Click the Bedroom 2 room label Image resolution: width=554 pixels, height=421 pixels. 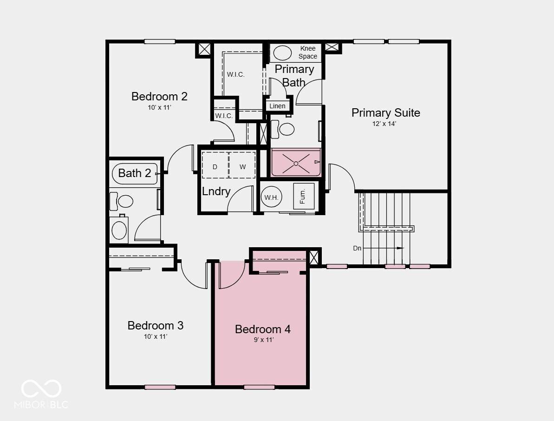(x=159, y=96)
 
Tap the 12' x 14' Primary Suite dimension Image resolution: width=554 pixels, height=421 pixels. (x=384, y=124)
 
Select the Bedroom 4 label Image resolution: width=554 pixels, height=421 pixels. (x=263, y=329)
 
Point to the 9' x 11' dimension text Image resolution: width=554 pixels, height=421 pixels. (x=264, y=340)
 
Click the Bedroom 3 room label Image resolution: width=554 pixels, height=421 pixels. (x=156, y=325)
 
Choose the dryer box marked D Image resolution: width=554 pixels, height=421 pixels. (x=215, y=165)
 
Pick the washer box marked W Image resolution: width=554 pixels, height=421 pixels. (x=242, y=165)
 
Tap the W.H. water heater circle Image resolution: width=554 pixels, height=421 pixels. (x=271, y=197)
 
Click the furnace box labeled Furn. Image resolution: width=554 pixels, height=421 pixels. (x=303, y=196)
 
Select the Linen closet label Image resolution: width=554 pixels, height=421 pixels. (x=277, y=106)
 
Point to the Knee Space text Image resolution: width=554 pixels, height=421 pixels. (x=308, y=53)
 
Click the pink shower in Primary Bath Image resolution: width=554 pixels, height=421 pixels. (x=296, y=163)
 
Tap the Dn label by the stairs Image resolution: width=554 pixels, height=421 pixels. (x=357, y=248)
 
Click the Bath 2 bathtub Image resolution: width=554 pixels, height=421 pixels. (x=135, y=174)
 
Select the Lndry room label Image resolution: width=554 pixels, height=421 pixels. (x=216, y=191)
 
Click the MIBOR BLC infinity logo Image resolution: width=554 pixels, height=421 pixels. (x=41, y=388)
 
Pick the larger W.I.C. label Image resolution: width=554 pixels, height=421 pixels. (x=235, y=75)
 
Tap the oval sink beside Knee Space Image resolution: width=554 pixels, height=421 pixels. (x=282, y=53)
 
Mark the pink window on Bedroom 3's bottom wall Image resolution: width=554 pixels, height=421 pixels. (x=160, y=387)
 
